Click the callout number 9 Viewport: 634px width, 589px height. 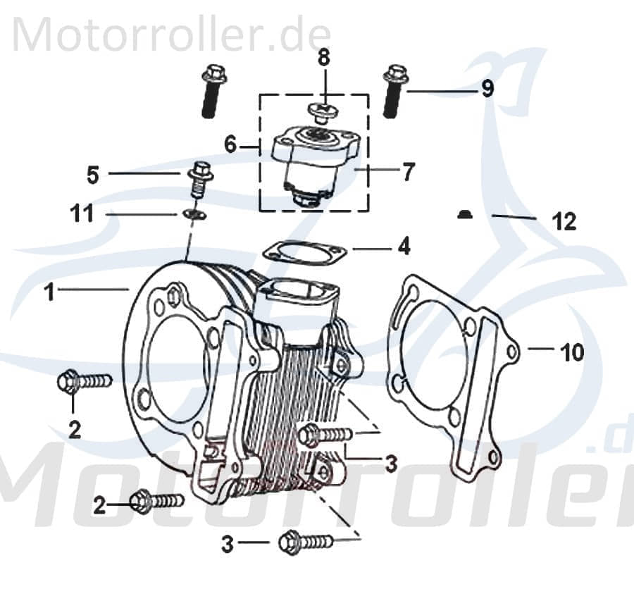pyautogui.click(x=487, y=89)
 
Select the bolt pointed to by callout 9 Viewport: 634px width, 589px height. pyautogui.click(x=395, y=91)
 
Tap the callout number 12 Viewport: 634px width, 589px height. pyautogui.click(x=564, y=222)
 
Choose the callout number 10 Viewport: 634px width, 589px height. pyautogui.click(x=572, y=352)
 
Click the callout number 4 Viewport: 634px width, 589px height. pyautogui.click(x=403, y=247)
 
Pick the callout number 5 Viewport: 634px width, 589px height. pyautogui.click(x=93, y=174)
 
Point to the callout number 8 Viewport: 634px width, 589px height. pyautogui.click(x=323, y=58)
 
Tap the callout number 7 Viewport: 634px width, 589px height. pyautogui.click(x=409, y=171)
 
